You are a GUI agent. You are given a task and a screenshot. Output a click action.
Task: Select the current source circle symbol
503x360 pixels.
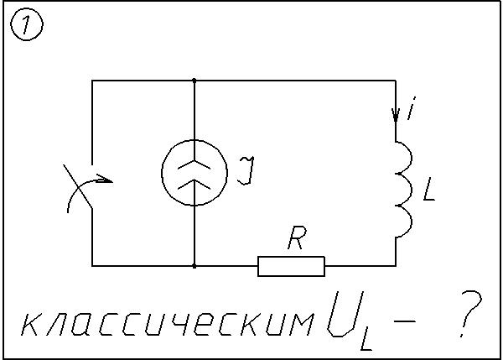click(x=194, y=172)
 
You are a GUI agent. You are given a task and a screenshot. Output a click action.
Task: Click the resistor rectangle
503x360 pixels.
click(x=291, y=266)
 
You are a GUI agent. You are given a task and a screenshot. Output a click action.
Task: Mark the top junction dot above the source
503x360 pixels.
click(x=194, y=81)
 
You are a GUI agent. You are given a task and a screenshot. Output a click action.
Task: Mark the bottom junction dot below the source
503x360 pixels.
click(x=194, y=266)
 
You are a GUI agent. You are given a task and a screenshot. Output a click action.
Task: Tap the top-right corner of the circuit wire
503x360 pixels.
click(x=395, y=81)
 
